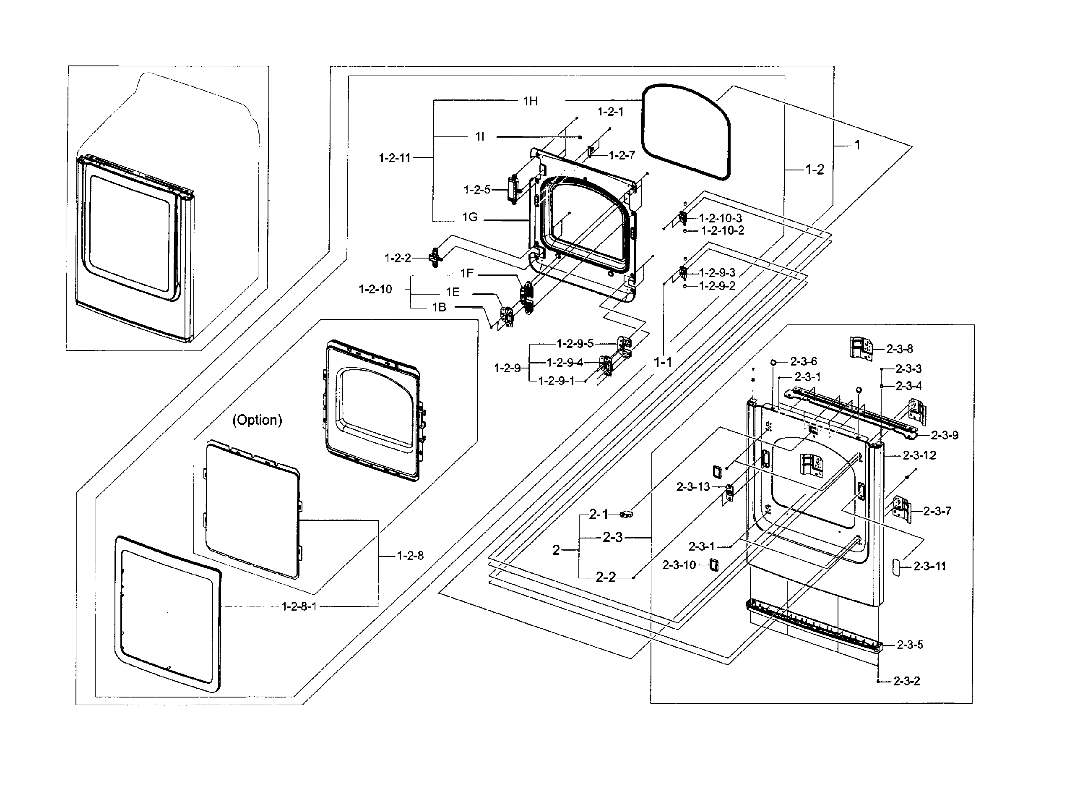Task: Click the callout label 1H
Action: [530, 101]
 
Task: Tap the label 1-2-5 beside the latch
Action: [476, 190]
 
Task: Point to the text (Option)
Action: [257, 420]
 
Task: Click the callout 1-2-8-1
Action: [299, 606]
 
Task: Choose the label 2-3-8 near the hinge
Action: [899, 348]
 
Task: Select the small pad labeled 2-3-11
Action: [896, 567]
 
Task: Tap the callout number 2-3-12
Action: [919, 455]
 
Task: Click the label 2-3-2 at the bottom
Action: [906, 681]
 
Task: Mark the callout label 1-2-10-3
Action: [720, 218]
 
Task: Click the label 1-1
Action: [662, 362]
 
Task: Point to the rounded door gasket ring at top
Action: [685, 132]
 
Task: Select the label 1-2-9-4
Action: [565, 362]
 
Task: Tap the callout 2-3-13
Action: [693, 486]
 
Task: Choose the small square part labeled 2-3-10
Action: [714, 565]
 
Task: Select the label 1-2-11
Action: [394, 157]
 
